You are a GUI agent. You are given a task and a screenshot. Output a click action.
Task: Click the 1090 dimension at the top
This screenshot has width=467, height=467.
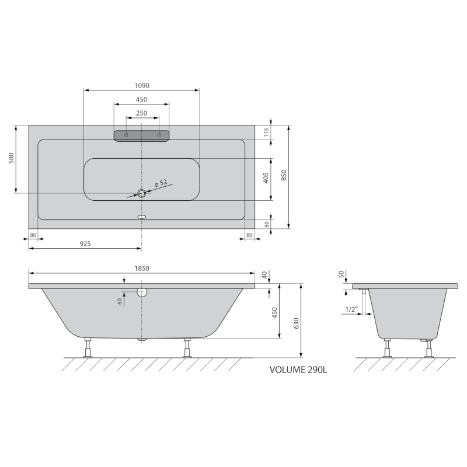(142, 85)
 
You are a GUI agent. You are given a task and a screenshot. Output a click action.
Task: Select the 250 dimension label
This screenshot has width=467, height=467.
(142, 113)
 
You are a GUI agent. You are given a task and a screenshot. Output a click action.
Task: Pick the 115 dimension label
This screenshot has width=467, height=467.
(266, 133)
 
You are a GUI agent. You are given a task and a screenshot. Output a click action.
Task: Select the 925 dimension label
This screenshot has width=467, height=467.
(85, 243)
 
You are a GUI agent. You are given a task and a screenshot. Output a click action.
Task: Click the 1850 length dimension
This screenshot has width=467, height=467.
(142, 269)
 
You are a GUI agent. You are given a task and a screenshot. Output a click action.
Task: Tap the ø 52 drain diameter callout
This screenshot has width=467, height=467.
(161, 184)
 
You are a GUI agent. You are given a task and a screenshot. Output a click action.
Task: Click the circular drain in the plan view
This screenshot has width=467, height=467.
(141, 193)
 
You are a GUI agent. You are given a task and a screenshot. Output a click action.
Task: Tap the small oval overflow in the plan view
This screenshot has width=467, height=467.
(141, 216)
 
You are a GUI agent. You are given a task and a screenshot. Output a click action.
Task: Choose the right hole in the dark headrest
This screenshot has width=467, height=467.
(158, 135)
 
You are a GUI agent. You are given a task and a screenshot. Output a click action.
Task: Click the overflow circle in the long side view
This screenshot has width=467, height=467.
(141, 293)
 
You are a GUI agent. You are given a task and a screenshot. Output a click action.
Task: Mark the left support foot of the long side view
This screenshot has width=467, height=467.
(88, 348)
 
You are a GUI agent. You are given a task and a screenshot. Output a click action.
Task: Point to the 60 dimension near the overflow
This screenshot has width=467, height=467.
(119, 301)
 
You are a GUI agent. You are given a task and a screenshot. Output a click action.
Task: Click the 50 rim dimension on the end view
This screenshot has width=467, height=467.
(342, 274)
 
